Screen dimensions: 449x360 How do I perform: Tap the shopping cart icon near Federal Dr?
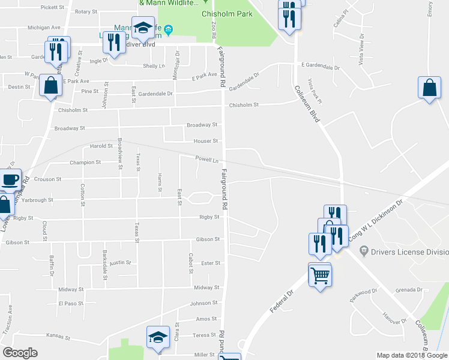[x=320, y=276]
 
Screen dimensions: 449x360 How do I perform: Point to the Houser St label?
[x=205, y=142]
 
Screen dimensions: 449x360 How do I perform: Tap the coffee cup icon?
[x=10, y=180]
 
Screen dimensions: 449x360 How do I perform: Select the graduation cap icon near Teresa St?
[x=158, y=339]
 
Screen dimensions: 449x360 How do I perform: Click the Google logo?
[x=20, y=353]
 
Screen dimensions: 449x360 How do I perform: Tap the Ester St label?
[x=211, y=263]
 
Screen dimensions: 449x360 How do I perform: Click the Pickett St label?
[x=53, y=7]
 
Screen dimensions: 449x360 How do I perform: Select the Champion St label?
[x=85, y=163]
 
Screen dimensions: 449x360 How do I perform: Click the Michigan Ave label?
[x=44, y=27]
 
